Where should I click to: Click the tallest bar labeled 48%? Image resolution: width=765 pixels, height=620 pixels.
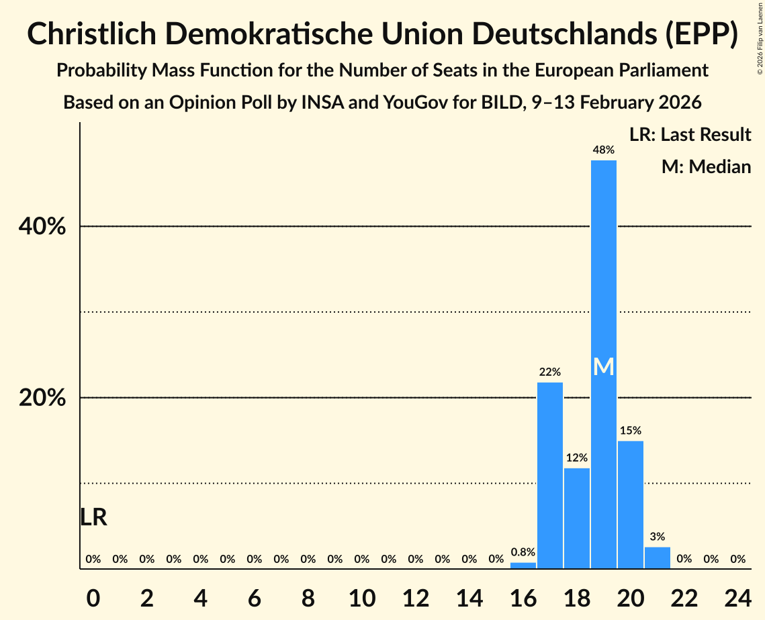click(604, 268)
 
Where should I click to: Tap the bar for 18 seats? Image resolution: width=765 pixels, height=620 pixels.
click(577, 518)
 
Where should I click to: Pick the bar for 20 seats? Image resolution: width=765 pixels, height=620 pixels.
click(631, 505)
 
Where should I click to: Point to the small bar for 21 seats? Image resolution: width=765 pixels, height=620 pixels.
click(658, 558)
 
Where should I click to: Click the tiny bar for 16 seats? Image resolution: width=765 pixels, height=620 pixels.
click(523, 566)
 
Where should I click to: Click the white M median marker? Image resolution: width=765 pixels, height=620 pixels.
click(604, 367)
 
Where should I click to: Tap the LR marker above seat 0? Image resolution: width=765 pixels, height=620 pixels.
click(93, 517)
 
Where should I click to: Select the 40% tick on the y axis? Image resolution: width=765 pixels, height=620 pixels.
click(42, 227)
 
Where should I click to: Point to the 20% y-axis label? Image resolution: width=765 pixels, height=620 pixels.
click(42, 398)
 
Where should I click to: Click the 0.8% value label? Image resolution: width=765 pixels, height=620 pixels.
click(523, 552)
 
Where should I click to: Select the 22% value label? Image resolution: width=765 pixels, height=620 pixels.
click(550, 372)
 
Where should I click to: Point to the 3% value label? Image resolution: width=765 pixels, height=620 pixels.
click(658, 536)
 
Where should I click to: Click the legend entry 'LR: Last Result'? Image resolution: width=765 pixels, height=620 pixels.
click(690, 135)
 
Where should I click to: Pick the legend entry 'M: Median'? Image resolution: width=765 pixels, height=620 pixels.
click(706, 166)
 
